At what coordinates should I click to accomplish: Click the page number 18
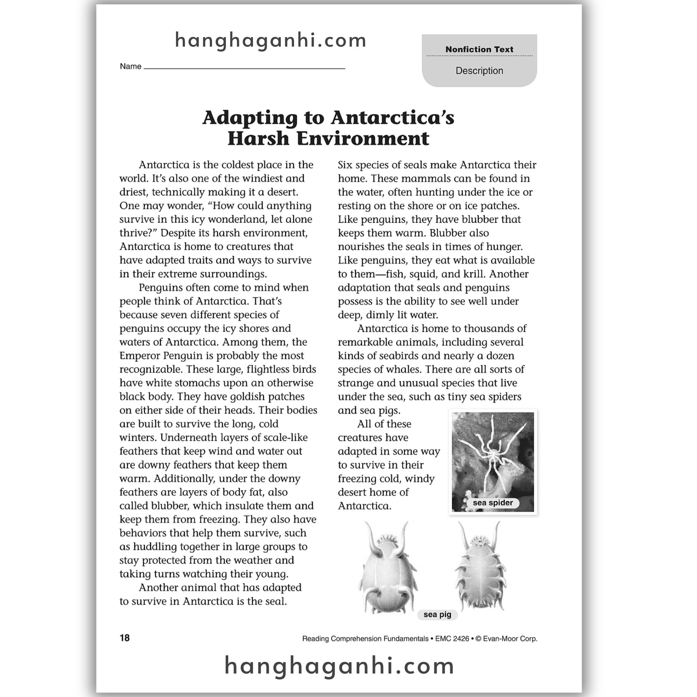click(125, 638)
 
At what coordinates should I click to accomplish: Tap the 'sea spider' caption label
click(492, 503)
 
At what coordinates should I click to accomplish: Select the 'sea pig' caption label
click(437, 614)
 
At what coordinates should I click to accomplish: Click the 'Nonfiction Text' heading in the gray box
click(479, 49)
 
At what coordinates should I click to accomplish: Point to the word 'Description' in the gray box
click(479, 71)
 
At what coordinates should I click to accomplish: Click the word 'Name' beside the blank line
click(130, 66)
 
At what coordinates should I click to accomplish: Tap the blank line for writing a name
click(244, 67)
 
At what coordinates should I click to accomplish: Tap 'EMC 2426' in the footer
click(452, 638)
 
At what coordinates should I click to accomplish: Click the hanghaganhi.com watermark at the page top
click(271, 40)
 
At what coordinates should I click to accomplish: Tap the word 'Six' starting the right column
click(345, 165)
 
